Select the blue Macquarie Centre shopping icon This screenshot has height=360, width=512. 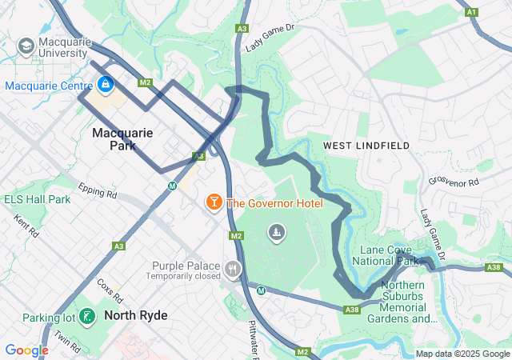click(105, 83)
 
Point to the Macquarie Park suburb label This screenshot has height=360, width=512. click(124, 139)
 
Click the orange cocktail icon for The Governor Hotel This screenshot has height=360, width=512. click(214, 202)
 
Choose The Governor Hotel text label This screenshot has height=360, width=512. click(274, 203)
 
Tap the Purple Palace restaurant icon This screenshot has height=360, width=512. click(233, 270)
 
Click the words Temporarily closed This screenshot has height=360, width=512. click(182, 276)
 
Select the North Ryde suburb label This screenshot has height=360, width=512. click(135, 315)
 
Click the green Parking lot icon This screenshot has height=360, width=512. click(86, 317)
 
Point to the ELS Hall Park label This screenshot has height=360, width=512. click(38, 199)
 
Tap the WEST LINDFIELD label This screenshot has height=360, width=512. click(366, 146)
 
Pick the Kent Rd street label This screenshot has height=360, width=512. click(26, 226)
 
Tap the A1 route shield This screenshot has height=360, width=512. click(471, 12)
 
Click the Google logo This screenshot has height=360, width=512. click(26, 350)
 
